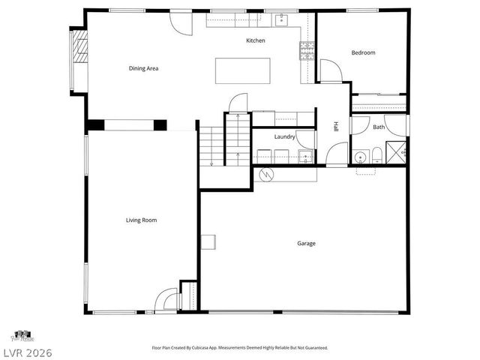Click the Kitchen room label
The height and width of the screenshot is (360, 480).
point(256,40)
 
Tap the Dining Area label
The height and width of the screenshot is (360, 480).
point(142,68)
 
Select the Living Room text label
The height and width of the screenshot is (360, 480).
point(140,220)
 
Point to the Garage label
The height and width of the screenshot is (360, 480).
point(306,243)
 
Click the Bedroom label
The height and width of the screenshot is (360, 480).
point(364,52)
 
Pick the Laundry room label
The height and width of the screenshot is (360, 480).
point(284,136)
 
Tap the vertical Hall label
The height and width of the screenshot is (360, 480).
point(337,127)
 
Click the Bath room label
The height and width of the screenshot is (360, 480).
point(379,127)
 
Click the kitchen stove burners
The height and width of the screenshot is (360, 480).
point(307,50)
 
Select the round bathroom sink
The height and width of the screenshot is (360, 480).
point(360,157)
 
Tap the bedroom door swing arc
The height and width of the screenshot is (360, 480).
point(331,70)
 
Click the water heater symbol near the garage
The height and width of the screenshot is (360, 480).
point(265,175)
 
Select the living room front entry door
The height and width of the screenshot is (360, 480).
point(161,303)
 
